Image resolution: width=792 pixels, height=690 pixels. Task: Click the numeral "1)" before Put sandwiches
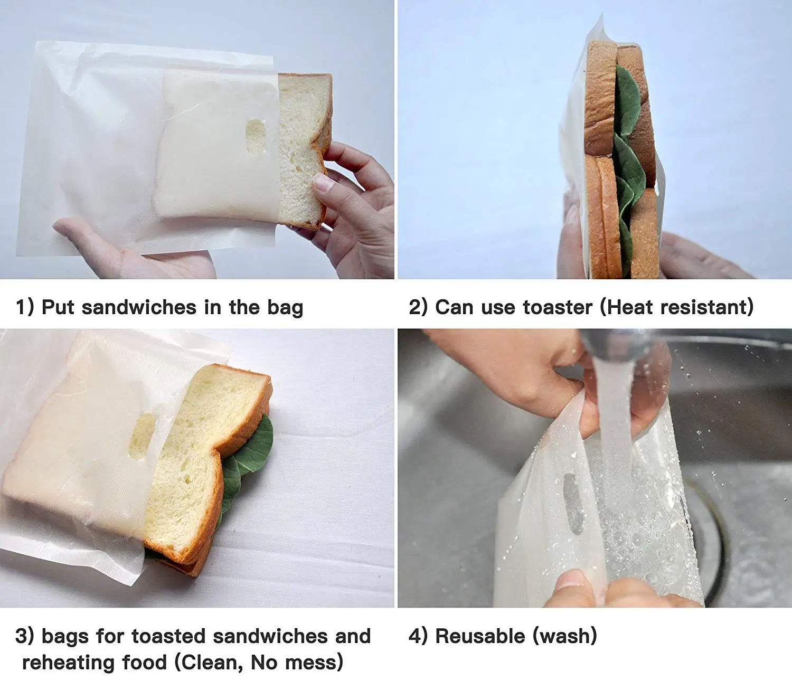[x=25, y=307]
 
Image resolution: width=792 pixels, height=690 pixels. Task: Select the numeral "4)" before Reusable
[x=418, y=636]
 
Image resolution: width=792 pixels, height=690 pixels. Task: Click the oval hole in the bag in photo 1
[x=256, y=137]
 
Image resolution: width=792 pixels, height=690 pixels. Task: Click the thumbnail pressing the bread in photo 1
[x=323, y=183]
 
